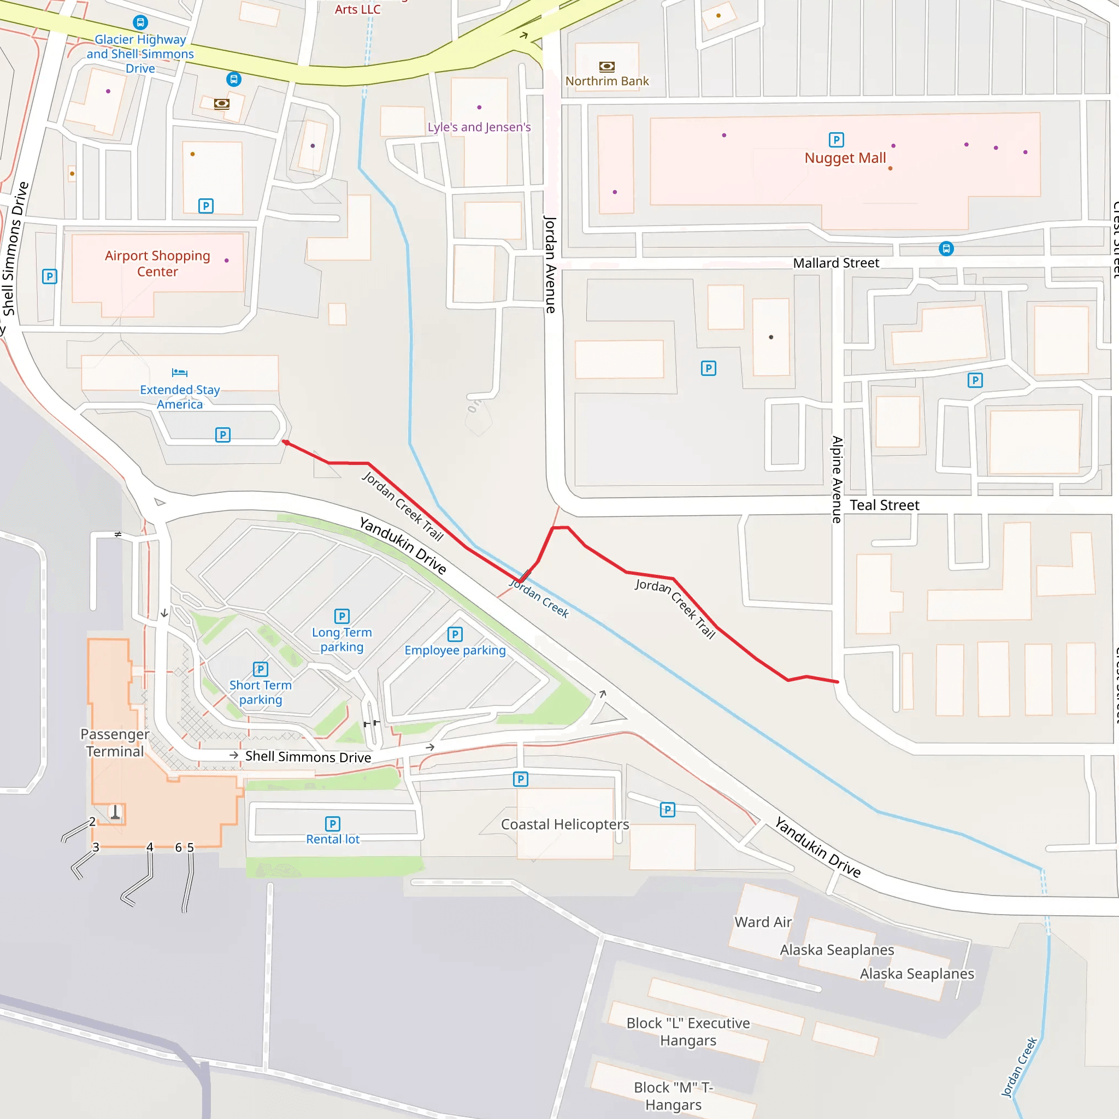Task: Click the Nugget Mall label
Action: (845, 158)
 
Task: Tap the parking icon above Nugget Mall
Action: (837, 139)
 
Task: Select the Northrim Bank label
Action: (606, 81)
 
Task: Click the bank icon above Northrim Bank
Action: (606, 67)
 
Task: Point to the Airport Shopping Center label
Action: (157, 263)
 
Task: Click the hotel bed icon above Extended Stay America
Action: (180, 373)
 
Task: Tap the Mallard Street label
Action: (836, 263)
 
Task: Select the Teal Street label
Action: (884, 505)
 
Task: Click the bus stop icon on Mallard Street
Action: (946, 249)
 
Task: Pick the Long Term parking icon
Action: (341, 616)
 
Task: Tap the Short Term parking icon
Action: (261, 669)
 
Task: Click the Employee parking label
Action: (455, 650)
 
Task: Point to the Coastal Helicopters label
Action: (565, 824)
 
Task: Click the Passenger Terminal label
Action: (115, 743)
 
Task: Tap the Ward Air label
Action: (763, 922)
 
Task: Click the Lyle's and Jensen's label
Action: (479, 127)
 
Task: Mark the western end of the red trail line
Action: (285, 443)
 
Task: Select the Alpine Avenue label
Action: (837, 480)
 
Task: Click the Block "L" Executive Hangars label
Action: (688, 1032)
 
